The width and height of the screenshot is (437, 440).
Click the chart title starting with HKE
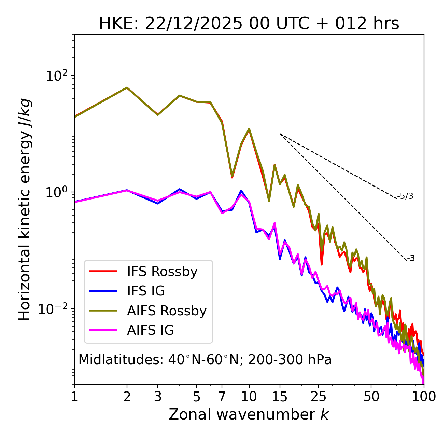[x=249, y=24]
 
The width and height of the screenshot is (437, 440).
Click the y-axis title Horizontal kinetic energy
[x=25, y=209]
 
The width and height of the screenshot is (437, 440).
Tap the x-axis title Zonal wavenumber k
[x=249, y=414]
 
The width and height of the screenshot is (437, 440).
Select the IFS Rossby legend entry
[x=162, y=272]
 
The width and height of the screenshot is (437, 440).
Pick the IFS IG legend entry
[x=146, y=291]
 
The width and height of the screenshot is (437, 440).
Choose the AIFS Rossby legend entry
[x=167, y=311]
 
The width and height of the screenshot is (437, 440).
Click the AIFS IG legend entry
[x=151, y=330]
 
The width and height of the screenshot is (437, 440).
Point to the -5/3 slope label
[x=405, y=196]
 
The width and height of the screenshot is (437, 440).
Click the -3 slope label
[x=411, y=259]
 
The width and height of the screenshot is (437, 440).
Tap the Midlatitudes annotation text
[x=205, y=360]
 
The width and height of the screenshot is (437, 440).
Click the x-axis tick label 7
[x=222, y=397]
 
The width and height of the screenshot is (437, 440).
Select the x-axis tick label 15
[x=280, y=397]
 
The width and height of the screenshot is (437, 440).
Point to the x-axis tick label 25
[x=319, y=397]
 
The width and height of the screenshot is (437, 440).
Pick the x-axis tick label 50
[x=371, y=397]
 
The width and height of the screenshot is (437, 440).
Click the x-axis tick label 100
[x=423, y=397]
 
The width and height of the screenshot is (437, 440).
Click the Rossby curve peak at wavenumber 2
[x=127, y=87]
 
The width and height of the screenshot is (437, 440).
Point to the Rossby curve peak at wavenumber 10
[x=249, y=129]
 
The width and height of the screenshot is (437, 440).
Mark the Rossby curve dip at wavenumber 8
[x=232, y=177]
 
